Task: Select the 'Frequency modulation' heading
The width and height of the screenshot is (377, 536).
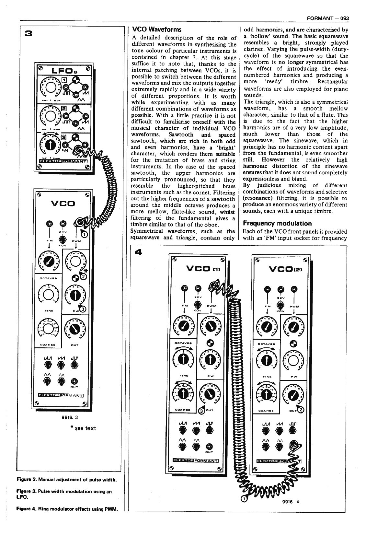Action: coord(277,223)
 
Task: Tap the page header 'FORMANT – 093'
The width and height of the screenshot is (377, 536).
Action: coord(328,18)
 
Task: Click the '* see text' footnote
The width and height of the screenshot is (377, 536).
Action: coord(83,428)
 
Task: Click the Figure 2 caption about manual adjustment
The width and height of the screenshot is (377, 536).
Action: coord(66,479)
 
